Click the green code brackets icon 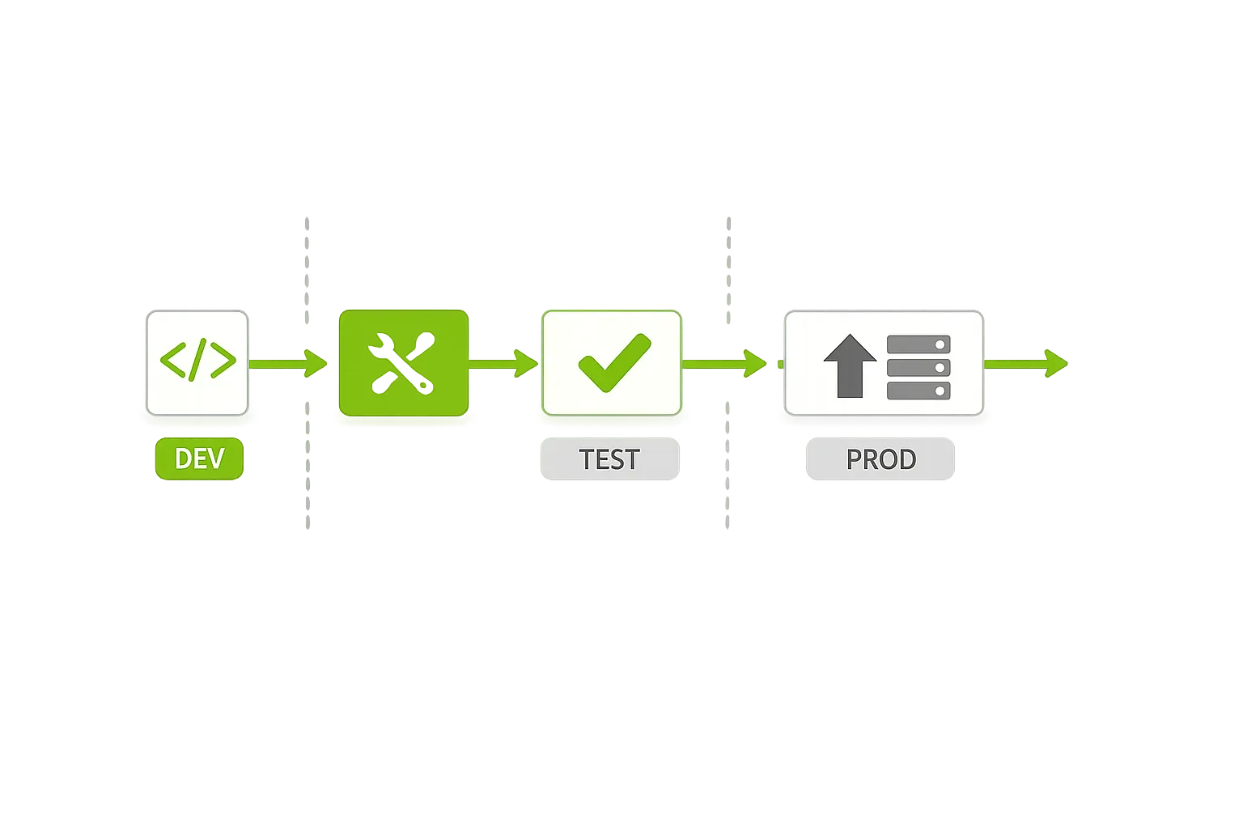point(197,361)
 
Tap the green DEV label point(199,458)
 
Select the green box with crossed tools point(403,363)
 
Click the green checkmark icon point(613,362)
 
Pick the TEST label point(609,459)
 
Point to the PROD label point(880,459)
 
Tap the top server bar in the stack point(918,344)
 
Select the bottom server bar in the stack point(918,391)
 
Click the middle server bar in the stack point(918,368)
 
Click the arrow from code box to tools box point(287,363)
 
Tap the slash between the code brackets point(197,360)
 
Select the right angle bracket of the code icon point(222,361)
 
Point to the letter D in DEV point(183,459)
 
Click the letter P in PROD point(855,459)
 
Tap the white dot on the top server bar point(940,344)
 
